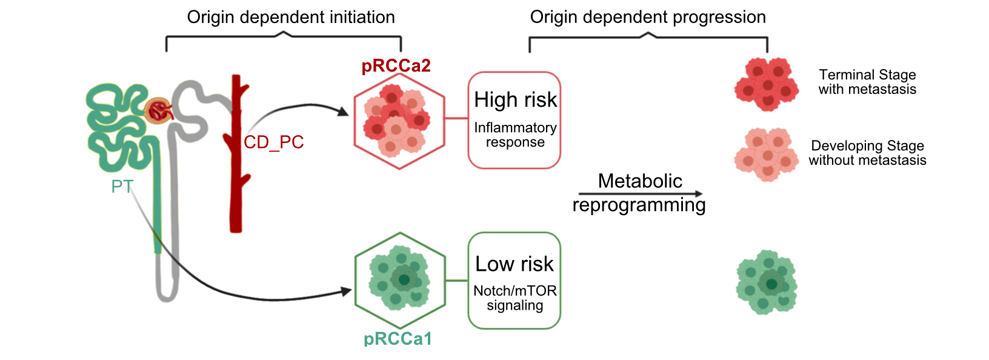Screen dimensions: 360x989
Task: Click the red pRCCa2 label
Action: point(396,65)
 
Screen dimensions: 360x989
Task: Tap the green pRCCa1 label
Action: point(398,339)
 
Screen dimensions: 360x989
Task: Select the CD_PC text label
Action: point(273,142)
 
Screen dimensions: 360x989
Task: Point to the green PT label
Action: point(122,186)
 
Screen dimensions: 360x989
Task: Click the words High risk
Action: point(515,100)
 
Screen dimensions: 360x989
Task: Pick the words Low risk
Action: point(514,264)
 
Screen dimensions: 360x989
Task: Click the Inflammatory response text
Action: point(515,135)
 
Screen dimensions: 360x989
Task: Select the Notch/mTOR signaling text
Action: point(515,298)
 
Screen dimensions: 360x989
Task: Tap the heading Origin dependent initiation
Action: point(291,17)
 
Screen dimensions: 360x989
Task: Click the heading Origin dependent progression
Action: point(648,17)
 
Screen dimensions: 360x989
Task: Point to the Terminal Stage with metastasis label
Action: point(867,82)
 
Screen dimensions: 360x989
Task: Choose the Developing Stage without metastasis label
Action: point(867,153)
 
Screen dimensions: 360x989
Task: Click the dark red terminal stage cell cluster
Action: point(767,84)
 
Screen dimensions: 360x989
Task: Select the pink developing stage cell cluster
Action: point(767,155)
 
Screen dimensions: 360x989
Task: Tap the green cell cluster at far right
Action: point(767,282)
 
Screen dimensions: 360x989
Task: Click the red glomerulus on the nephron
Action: point(159,111)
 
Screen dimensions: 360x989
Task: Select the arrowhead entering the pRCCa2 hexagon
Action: point(343,112)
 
